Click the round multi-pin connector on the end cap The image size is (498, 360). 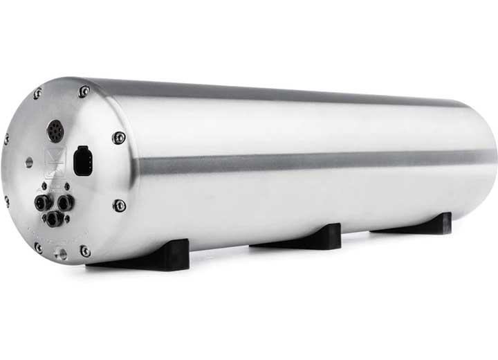55,130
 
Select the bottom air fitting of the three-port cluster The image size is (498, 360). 53,219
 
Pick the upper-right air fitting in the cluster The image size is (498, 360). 64,203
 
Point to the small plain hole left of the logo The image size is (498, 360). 28,162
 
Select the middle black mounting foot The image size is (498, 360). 304,238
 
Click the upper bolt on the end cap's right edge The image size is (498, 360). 119,138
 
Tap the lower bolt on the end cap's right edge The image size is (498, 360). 119,206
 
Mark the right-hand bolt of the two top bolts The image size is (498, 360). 84,91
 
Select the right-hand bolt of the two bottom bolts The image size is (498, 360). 84,251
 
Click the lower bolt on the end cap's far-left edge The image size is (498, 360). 7,201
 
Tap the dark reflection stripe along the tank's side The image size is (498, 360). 311,163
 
